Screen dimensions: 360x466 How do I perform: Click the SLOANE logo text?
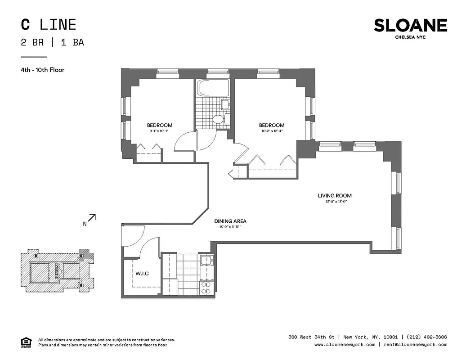[x=410, y=26]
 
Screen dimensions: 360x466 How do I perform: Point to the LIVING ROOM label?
[x=335, y=196]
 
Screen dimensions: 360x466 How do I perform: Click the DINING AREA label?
[x=230, y=221]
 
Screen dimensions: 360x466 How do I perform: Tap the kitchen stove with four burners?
[x=206, y=288]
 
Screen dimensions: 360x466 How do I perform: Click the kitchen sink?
[x=206, y=261]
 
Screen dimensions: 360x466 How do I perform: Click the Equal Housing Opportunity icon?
[x=26, y=342]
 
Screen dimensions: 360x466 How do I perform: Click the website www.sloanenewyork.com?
[x=344, y=345]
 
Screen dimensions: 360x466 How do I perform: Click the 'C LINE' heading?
[x=49, y=24]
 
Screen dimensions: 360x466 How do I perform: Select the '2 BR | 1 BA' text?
[x=52, y=43]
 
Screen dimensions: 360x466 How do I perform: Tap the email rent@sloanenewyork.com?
[x=415, y=345]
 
